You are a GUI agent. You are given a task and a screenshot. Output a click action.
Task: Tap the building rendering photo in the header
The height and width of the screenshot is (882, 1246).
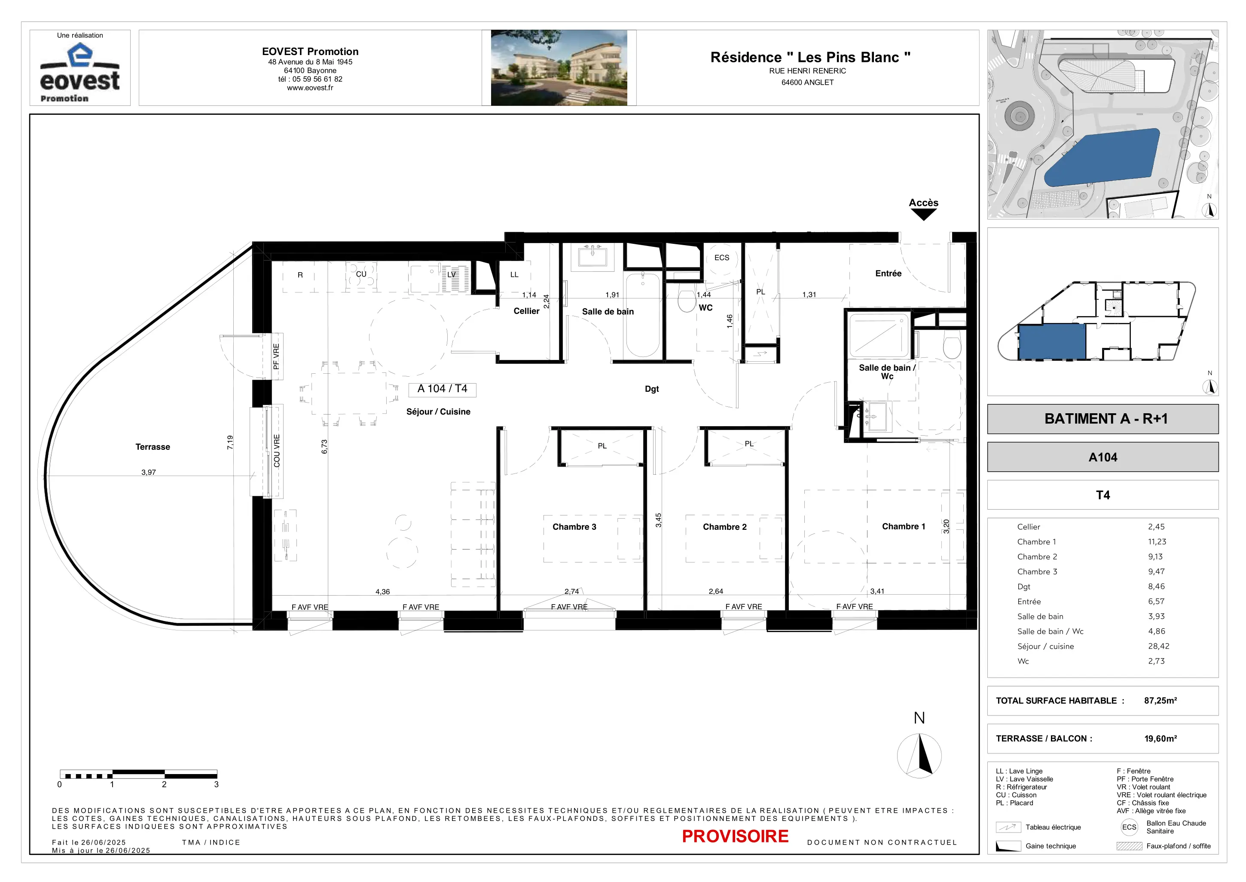click(559, 68)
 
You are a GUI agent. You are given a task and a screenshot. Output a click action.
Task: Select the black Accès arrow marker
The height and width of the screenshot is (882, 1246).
click(924, 215)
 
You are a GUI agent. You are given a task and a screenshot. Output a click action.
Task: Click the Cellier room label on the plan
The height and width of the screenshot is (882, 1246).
click(526, 311)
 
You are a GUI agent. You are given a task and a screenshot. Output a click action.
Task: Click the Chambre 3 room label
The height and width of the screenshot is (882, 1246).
click(574, 527)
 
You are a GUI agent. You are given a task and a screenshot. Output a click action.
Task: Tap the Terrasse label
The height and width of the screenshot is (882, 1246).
click(153, 447)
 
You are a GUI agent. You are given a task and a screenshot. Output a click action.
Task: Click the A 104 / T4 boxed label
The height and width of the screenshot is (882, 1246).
click(442, 389)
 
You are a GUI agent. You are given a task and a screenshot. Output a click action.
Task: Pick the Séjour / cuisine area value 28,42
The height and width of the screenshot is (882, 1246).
click(1159, 646)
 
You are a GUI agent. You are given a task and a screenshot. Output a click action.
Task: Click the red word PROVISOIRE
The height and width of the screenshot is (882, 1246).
click(735, 836)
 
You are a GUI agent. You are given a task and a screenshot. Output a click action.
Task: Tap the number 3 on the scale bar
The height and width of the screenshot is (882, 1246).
click(217, 785)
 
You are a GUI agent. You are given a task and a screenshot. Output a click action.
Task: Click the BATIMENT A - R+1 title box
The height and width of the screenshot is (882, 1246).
click(1103, 419)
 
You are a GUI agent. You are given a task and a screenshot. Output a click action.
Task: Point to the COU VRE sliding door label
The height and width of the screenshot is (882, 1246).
click(277, 451)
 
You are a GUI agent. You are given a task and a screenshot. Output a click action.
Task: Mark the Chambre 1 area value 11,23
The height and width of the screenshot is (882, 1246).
click(1157, 541)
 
